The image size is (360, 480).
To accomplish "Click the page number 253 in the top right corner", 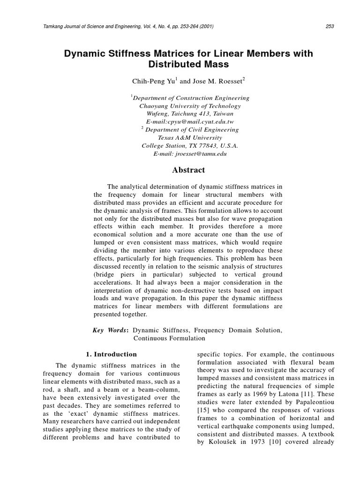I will tap(329, 26).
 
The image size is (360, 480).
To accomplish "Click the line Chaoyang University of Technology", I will tap(190, 106).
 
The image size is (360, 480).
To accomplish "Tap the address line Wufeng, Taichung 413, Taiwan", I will tap(190, 114).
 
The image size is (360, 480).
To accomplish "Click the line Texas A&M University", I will tap(190, 138).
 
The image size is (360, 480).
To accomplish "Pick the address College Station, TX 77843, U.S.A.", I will tap(190, 146).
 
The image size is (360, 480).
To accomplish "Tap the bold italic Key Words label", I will tap(111, 330).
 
